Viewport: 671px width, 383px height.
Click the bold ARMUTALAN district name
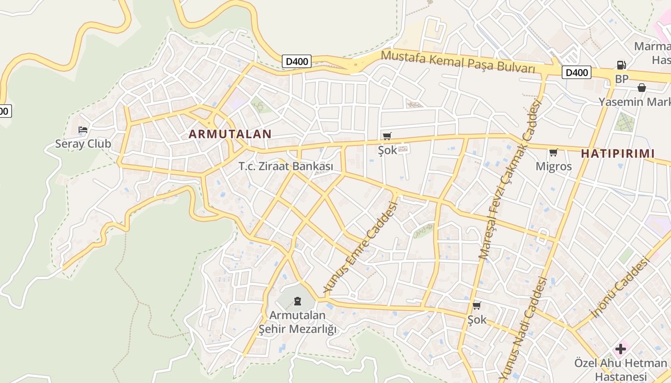(230, 134)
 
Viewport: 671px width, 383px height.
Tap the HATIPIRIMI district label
(618, 154)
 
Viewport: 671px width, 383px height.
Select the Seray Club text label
(83, 144)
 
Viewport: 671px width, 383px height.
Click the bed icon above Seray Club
(83, 130)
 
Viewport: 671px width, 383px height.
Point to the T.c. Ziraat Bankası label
(286, 167)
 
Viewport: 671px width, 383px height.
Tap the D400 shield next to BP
(576, 73)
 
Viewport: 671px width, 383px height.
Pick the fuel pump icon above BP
(621, 65)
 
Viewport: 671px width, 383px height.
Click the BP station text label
(621, 79)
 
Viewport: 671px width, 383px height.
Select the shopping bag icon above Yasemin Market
(641, 88)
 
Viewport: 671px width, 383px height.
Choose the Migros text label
(554, 167)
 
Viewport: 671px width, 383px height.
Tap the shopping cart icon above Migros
(554, 153)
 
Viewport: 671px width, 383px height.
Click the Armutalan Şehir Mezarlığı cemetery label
(298, 322)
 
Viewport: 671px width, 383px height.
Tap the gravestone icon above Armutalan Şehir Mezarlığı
(298, 301)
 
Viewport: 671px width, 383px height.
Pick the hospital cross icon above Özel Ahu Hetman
(621, 349)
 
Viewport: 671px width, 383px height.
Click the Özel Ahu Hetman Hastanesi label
(621, 370)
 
